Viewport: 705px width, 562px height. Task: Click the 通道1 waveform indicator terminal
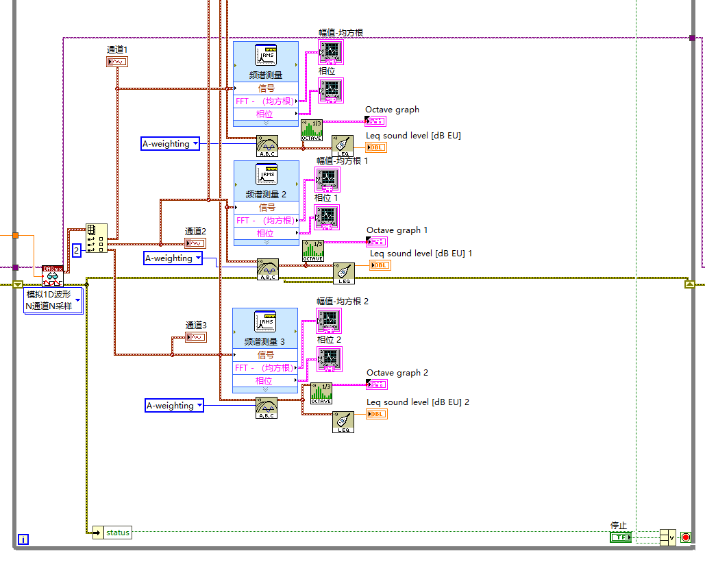116,62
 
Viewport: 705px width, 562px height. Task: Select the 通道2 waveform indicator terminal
195,243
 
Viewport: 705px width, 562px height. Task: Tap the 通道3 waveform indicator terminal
195,337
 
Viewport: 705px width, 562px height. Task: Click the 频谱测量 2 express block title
266,194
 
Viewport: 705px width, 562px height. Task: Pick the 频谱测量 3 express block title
266,341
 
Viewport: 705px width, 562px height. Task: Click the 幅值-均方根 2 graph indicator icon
329,321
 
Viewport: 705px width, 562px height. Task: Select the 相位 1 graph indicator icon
326,217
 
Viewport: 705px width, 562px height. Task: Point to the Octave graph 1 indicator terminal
377,241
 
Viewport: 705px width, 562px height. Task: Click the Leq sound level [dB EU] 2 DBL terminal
377,414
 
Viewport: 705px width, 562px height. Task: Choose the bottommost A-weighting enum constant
174,405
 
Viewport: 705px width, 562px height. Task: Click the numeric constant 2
77,250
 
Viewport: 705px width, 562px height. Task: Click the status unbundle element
117,533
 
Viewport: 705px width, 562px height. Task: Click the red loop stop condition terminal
685,537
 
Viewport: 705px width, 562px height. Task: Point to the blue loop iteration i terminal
23,539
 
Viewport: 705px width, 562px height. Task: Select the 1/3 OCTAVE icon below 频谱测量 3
321,393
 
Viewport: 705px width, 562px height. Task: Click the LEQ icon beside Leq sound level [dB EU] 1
344,273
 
